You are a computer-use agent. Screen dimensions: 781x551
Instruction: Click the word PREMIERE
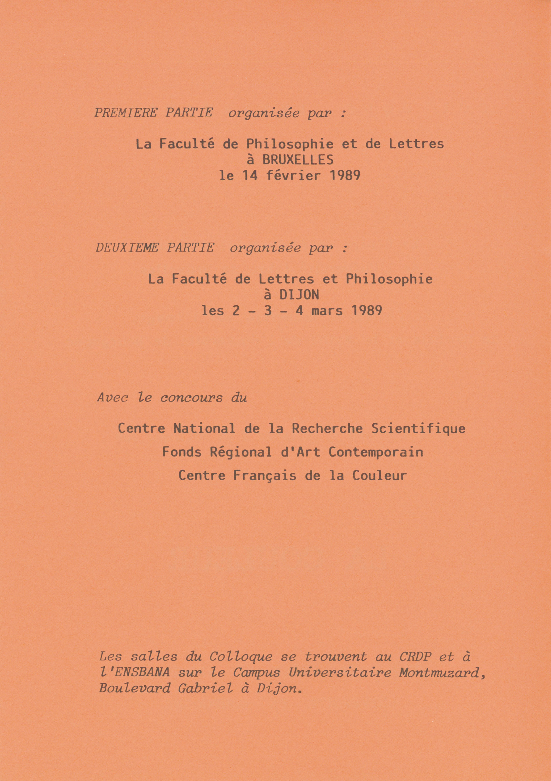[x=126, y=113]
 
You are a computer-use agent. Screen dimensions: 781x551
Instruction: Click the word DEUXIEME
[x=127, y=248]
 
